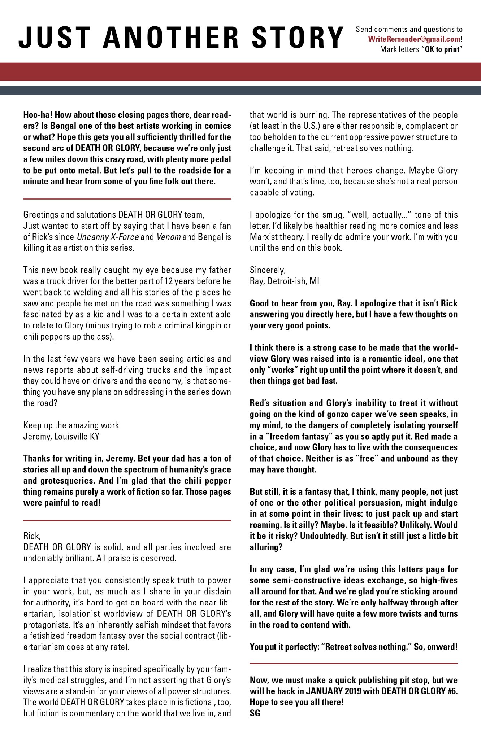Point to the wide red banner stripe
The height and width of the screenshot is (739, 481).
point(240,72)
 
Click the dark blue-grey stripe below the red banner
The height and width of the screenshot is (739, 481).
point(240,90)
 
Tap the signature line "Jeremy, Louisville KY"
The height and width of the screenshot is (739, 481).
point(61,436)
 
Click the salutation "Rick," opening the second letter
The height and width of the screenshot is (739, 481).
point(30,536)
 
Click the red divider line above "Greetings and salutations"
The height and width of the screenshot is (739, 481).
point(127,199)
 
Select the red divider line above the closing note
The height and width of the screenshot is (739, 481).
point(354,664)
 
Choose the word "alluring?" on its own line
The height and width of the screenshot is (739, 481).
point(266,547)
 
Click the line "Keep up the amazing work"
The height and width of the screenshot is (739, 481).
point(71,425)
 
